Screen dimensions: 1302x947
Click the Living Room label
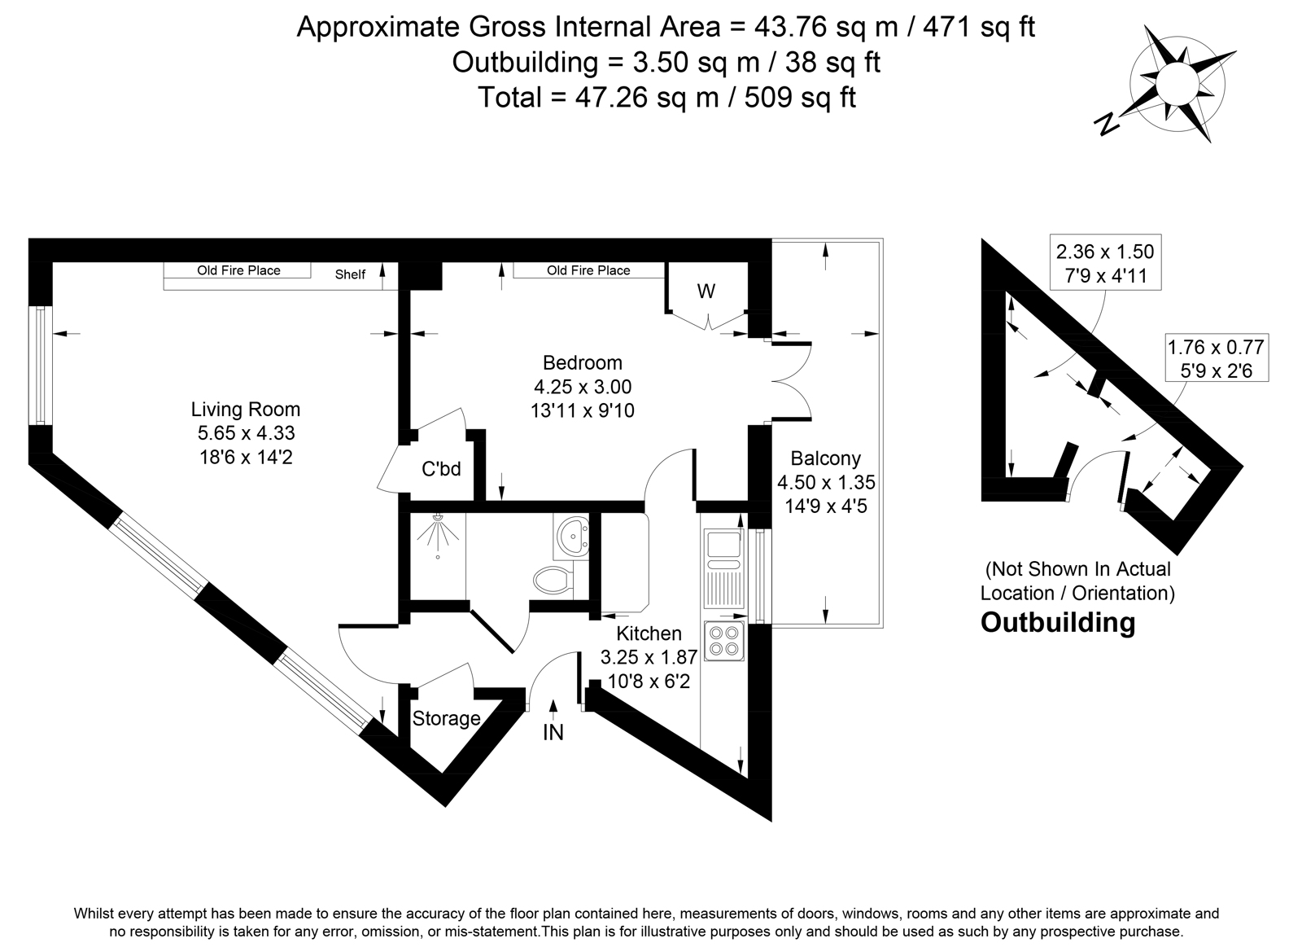(x=246, y=410)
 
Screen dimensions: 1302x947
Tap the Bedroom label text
(x=583, y=363)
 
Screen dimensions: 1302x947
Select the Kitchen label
(x=649, y=634)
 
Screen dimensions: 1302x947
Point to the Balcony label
(x=826, y=458)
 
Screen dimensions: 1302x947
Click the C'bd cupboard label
(x=441, y=468)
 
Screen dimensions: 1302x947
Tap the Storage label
(x=447, y=719)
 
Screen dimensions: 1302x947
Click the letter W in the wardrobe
(x=706, y=291)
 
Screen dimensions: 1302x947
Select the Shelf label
(x=350, y=274)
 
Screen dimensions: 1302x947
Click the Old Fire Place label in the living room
(x=238, y=270)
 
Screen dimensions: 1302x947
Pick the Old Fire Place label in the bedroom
(x=588, y=270)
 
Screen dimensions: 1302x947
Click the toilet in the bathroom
(x=553, y=580)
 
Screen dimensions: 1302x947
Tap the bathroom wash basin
(x=574, y=537)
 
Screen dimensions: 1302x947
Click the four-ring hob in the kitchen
(x=724, y=641)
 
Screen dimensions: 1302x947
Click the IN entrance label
(x=553, y=733)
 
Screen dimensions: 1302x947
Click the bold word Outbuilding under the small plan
(x=1058, y=623)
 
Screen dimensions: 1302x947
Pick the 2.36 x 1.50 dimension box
(x=1106, y=262)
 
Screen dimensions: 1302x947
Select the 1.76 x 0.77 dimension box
(x=1217, y=358)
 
